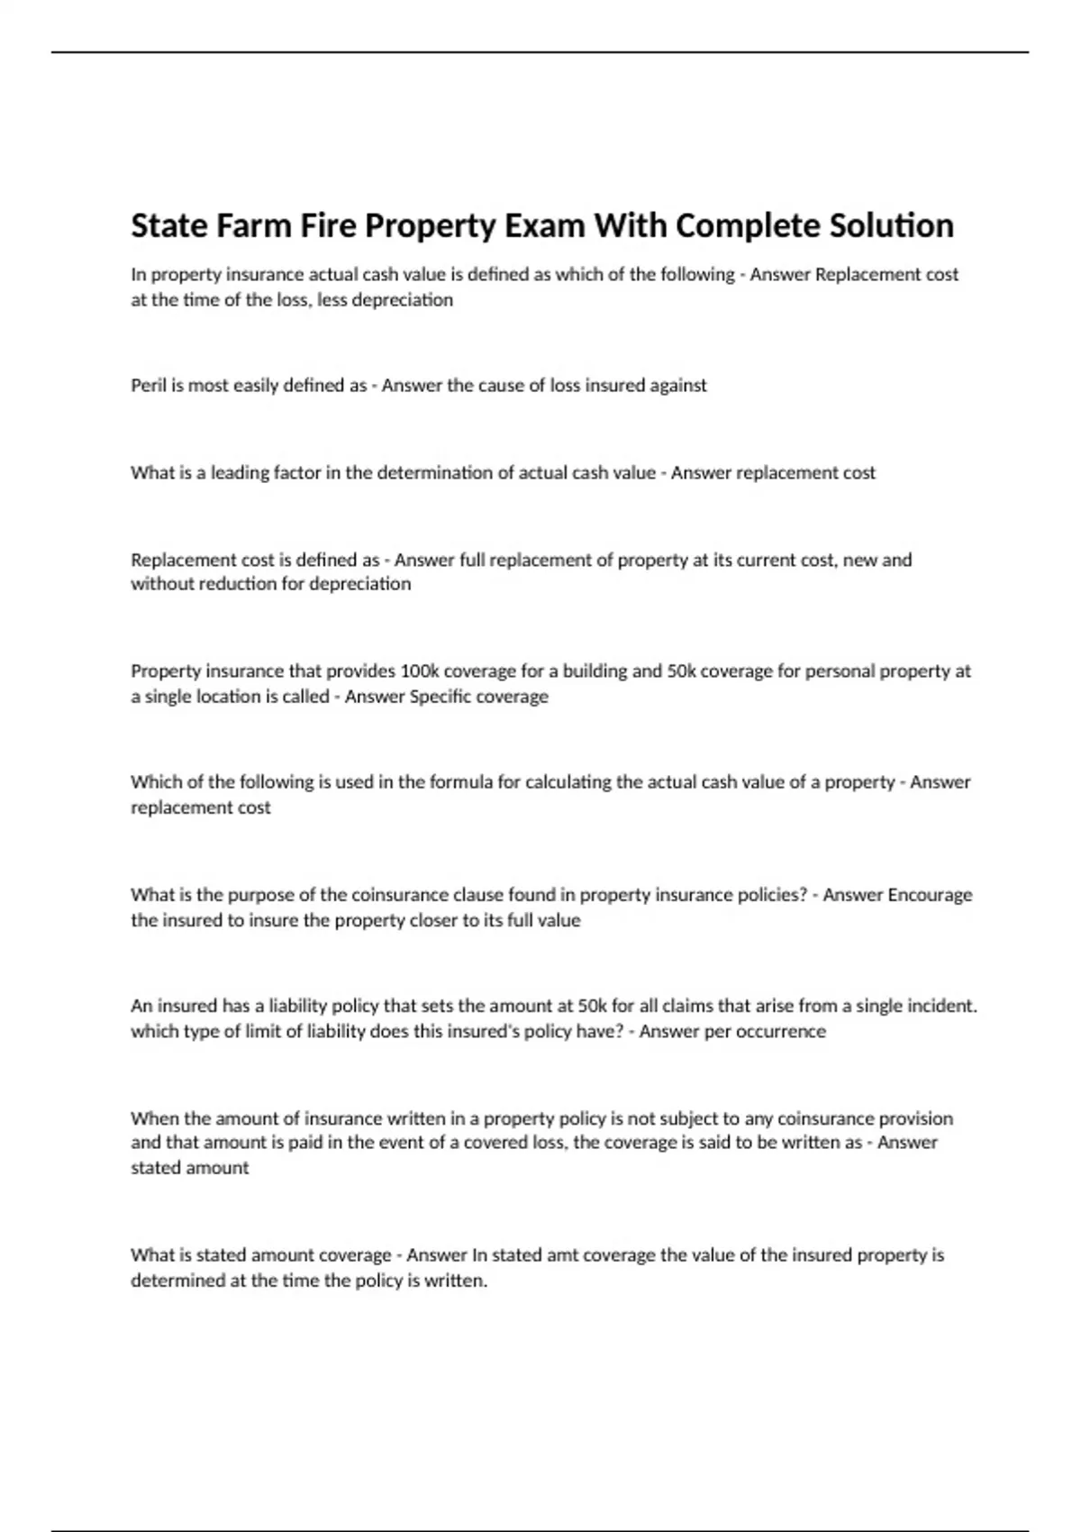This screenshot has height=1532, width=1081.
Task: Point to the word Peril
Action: pyautogui.click(x=149, y=386)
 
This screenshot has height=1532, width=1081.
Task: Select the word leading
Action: pyautogui.click(x=237, y=473)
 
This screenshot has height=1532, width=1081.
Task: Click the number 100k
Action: pyautogui.click(x=420, y=671)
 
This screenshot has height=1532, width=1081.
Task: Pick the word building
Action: pyautogui.click(x=593, y=671)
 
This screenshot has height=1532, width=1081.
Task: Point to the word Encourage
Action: pyautogui.click(x=930, y=895)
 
